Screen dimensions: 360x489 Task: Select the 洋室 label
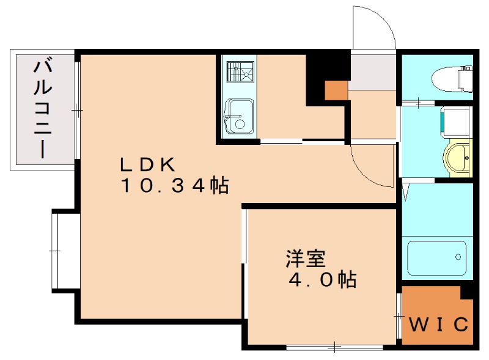(x=305, y=259)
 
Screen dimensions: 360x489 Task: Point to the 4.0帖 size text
(x=323, y=281)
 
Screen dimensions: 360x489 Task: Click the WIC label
(x=438, y=323)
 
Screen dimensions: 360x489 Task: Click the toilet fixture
(x=452, y=78)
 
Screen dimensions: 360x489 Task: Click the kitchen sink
(x=238, y=116)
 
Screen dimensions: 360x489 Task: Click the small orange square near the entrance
(x=336, y=90)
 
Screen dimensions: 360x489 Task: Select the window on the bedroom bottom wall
(x=335, y=348)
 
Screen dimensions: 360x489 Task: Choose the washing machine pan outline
(x=455, y=122)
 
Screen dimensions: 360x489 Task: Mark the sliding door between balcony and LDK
(x=77, y=110)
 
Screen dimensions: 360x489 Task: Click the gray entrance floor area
(x=373, y=71)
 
